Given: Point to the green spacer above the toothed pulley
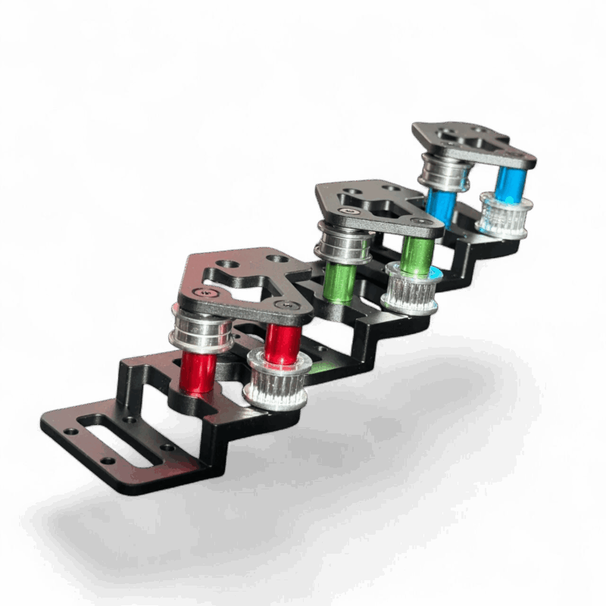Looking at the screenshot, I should click(415, 254).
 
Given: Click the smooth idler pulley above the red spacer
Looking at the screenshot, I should click(203, 333).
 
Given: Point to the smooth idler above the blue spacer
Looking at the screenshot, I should click(444, 172).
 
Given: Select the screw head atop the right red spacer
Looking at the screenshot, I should click(289, 303).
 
